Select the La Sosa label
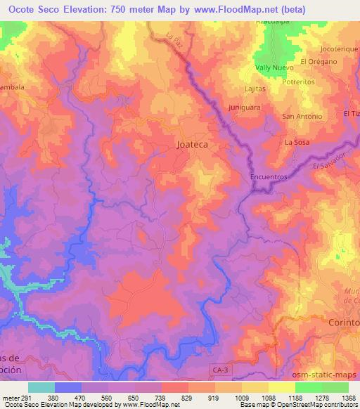tap(297, 142)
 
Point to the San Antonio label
tap(302, 116)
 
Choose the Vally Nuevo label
tap(274, 68)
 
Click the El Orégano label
tap(319, 61)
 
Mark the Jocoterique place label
tap(339, 49)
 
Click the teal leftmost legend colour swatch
tap(41, 387)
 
